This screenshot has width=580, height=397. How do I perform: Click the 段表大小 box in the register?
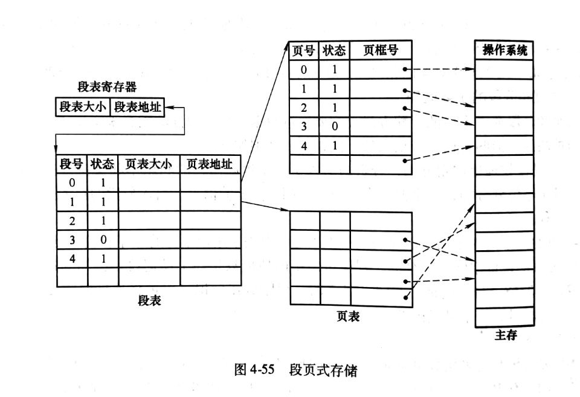click(x=83, y=107)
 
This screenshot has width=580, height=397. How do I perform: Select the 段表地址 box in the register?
click(x=137, y=107)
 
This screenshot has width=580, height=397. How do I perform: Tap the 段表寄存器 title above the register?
click(x=107, y=87)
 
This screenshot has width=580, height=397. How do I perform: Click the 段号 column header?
click(x=72, y=164)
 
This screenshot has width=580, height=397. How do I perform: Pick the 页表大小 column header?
click(x=149, y=164)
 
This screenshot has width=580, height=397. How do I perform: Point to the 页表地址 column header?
click(x=210, y=164)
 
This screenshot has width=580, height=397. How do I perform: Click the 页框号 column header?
click(x=381, y=50)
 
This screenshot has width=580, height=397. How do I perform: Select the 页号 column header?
click(x=303, y=50)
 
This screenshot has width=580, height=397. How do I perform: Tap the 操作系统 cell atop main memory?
click(x=504, y=50)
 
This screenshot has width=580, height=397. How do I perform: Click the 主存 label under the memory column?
click(x=506, y=335)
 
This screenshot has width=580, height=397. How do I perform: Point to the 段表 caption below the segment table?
click(x=149, y=300)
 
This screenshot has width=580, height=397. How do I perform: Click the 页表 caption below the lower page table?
click(x=348, y=317)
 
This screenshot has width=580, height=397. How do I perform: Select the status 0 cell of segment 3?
click(x=103, y=239)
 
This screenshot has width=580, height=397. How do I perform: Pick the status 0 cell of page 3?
click(x=334, y=126)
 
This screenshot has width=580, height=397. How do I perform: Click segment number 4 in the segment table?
click(x=72, y=258)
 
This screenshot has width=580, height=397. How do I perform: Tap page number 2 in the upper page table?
click(x=304, y=108)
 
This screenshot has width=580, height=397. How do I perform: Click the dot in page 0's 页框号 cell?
click(x=405, y=69)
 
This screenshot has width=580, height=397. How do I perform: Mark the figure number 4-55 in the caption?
click(x=262, y=370)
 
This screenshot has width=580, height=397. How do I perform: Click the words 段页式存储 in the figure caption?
click(x=323, y=370)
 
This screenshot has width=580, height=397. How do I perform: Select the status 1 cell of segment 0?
click(x=103, y=182)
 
